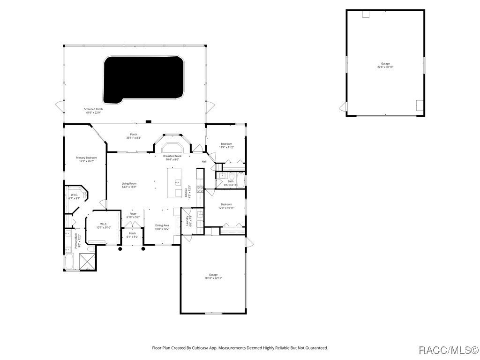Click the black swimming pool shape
(143, 79)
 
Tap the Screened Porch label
(94, 111)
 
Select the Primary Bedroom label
(86, 159)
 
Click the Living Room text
(129, 185)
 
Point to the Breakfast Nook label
(172, 157)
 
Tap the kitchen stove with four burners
(200, 189)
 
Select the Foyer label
(133, 216)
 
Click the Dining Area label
(162, 227)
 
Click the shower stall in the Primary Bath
(87, 262)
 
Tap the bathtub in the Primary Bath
(68, 262)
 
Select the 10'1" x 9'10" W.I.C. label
(104, 226)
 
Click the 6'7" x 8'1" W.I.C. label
(74, 196)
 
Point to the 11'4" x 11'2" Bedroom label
(226, 145)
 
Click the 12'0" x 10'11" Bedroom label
(226, 206)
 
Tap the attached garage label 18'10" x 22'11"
(213, 276)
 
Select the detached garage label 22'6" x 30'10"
(385, 65)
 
